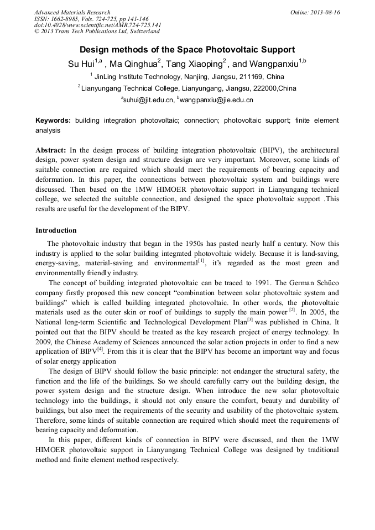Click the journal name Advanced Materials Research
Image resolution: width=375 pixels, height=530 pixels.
(72, 12)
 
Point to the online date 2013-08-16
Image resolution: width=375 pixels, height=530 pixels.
(324, 12)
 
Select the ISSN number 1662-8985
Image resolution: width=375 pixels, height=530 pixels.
(69, 19)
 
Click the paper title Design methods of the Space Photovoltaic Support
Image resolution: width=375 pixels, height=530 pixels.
(187, 50)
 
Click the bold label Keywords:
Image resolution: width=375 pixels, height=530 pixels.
(53, 120)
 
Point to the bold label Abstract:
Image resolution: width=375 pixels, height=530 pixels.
(51, 150)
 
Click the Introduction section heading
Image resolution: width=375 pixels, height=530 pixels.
(56, 230)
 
